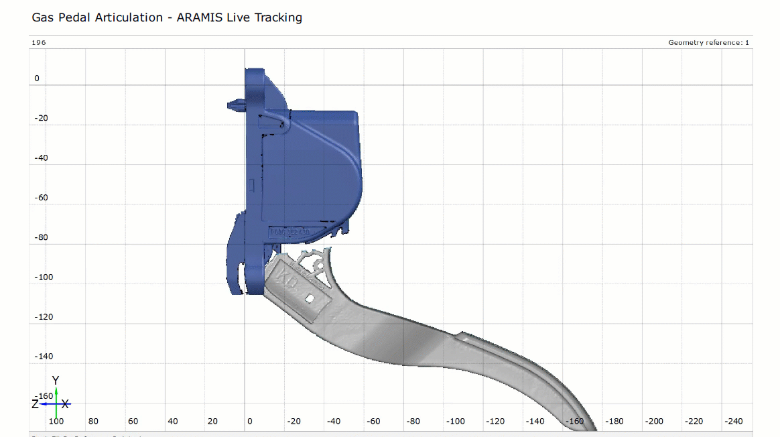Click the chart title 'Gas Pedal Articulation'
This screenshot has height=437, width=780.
97,17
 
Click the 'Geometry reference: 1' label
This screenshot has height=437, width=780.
708,43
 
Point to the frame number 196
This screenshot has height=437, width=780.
39,43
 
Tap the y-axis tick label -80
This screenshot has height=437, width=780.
42,237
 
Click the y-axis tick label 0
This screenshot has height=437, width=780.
37,78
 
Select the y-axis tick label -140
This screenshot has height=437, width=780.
44,357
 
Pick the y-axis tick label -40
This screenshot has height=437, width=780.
42,158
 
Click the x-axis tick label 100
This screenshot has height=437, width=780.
56,422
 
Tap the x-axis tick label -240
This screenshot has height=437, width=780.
734,422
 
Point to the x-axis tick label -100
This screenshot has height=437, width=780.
456,422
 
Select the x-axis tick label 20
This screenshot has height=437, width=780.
212,422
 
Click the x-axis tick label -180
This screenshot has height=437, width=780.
614,422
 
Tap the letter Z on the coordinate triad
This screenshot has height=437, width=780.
35,404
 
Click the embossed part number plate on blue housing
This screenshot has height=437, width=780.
289,233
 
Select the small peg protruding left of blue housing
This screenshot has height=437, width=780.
235,105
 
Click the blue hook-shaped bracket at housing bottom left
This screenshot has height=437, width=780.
235,261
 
